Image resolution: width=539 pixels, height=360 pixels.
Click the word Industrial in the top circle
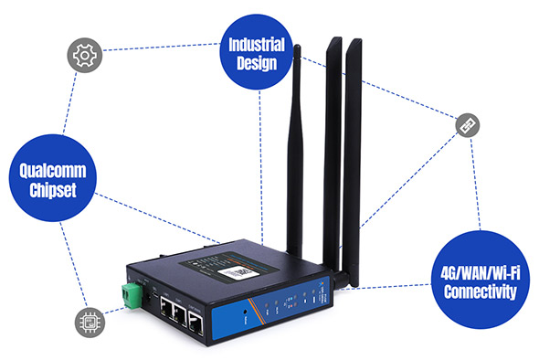click(x=253, y=45)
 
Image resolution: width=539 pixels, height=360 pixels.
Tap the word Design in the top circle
click(x=253, y=64)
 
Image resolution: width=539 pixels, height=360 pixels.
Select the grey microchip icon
click(x=89, y=323)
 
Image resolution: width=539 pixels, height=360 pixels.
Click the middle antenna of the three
click(x=333, y=146)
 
